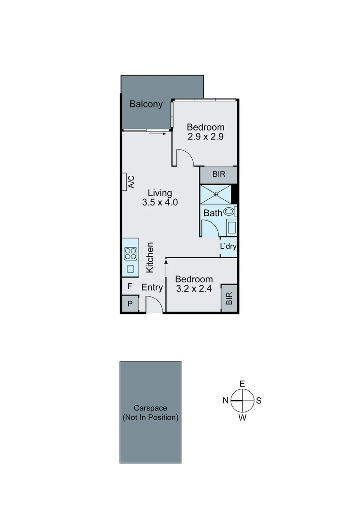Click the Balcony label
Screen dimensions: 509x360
(146, 104)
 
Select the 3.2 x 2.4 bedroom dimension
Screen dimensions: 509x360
(194, 288)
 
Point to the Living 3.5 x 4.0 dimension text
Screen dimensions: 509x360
(160, 203)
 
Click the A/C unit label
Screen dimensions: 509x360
(131, 181)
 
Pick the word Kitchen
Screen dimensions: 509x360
(150, 257)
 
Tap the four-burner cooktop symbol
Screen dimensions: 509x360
(131, 254)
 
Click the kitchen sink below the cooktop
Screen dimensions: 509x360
(131, 270)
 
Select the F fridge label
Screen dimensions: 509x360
(130, 286)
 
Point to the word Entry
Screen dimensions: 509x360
(152, 287)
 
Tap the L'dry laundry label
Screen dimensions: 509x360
(229, 246)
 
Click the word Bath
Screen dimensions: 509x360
(213, 213)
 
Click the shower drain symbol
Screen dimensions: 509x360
(216, 194)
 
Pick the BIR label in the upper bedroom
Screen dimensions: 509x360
(218, 174)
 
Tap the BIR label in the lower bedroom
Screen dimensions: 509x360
(229, 298)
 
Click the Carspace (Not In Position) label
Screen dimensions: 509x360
(150, 413)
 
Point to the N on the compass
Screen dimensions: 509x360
(226, 401)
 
